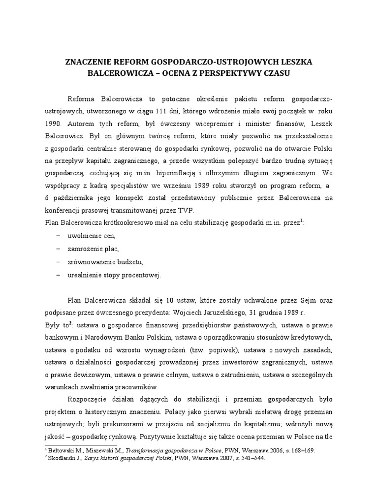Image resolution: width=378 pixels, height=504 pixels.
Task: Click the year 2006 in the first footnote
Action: point(242,450)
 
